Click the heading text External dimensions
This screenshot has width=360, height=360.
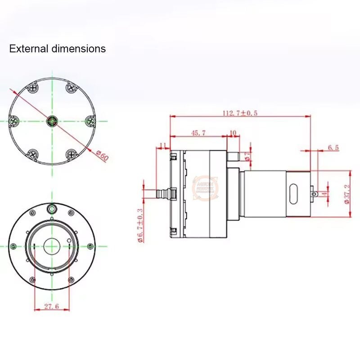pyautogui.click(x=58, y=49)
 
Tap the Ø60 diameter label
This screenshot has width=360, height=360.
pyautogui.click(x=102, y=156)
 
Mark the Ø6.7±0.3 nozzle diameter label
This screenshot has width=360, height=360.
pyautogui.click(x=139, y=225)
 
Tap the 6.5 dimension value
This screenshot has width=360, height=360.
pyautogui.click(x=333, y=147)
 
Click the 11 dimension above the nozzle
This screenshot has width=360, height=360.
pyautogui.click(x=163, y=145)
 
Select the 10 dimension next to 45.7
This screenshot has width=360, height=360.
pyautogui.click(x=233, y=133)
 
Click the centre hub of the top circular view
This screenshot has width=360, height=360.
pyautogui.click(x=52, y=121)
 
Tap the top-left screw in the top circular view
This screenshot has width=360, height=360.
pyautogui.click(x=33, y=87)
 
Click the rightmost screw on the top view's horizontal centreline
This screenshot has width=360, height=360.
pyautogui.click(x=90, y=121)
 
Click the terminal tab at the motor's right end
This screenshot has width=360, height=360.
pyautogui.click(x=319, y=193)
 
